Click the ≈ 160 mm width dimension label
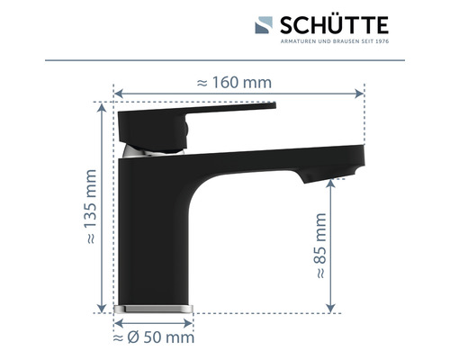click(233, 82)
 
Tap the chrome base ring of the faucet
click(154, 308)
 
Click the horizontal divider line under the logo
click(225, 61)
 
